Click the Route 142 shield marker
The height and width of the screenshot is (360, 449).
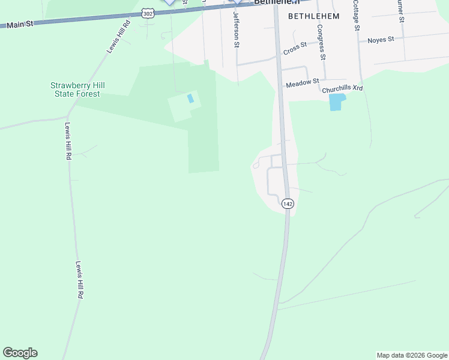coord(288,204)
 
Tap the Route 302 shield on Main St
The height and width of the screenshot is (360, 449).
coord(147,13)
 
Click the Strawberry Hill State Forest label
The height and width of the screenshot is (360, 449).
coord(75,89)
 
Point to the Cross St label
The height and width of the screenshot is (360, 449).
coord(295,48)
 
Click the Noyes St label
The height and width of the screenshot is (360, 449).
coord(381,40)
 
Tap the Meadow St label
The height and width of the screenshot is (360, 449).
coord(302,83)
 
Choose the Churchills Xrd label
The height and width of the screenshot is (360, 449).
coord(342,88)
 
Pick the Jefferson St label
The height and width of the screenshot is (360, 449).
coord(237,29)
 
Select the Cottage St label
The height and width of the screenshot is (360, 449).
coord(356,14)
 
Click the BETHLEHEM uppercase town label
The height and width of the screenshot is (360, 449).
coord(313,16)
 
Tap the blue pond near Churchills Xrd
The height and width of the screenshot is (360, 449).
coord(337,102)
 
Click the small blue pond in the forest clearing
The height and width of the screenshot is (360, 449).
coord(191,98)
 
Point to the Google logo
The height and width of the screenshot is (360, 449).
coord(20,353)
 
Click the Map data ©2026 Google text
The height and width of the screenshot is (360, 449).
coord(412,355)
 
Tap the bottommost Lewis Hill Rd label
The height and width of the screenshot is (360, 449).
coord(79,280)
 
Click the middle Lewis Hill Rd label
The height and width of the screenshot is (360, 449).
coord(68,141)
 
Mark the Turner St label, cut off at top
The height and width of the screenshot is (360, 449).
coord(400,11)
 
